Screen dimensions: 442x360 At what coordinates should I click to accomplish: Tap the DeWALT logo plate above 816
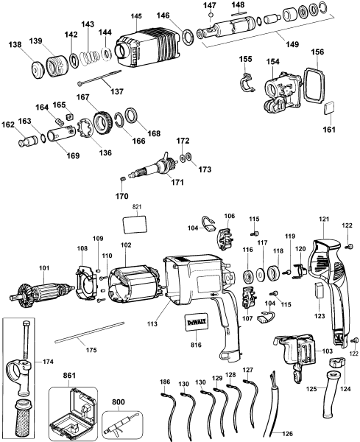pos(194,321)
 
